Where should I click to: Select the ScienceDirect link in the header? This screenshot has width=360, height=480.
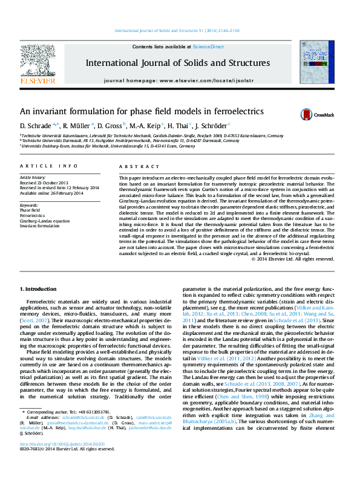(x=208, y=47)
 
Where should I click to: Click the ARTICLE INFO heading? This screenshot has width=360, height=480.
(x=49, y=166)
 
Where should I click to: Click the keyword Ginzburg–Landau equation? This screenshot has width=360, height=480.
(x=44, y=221)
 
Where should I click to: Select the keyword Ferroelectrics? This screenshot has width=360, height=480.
(x=33, y=216)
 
